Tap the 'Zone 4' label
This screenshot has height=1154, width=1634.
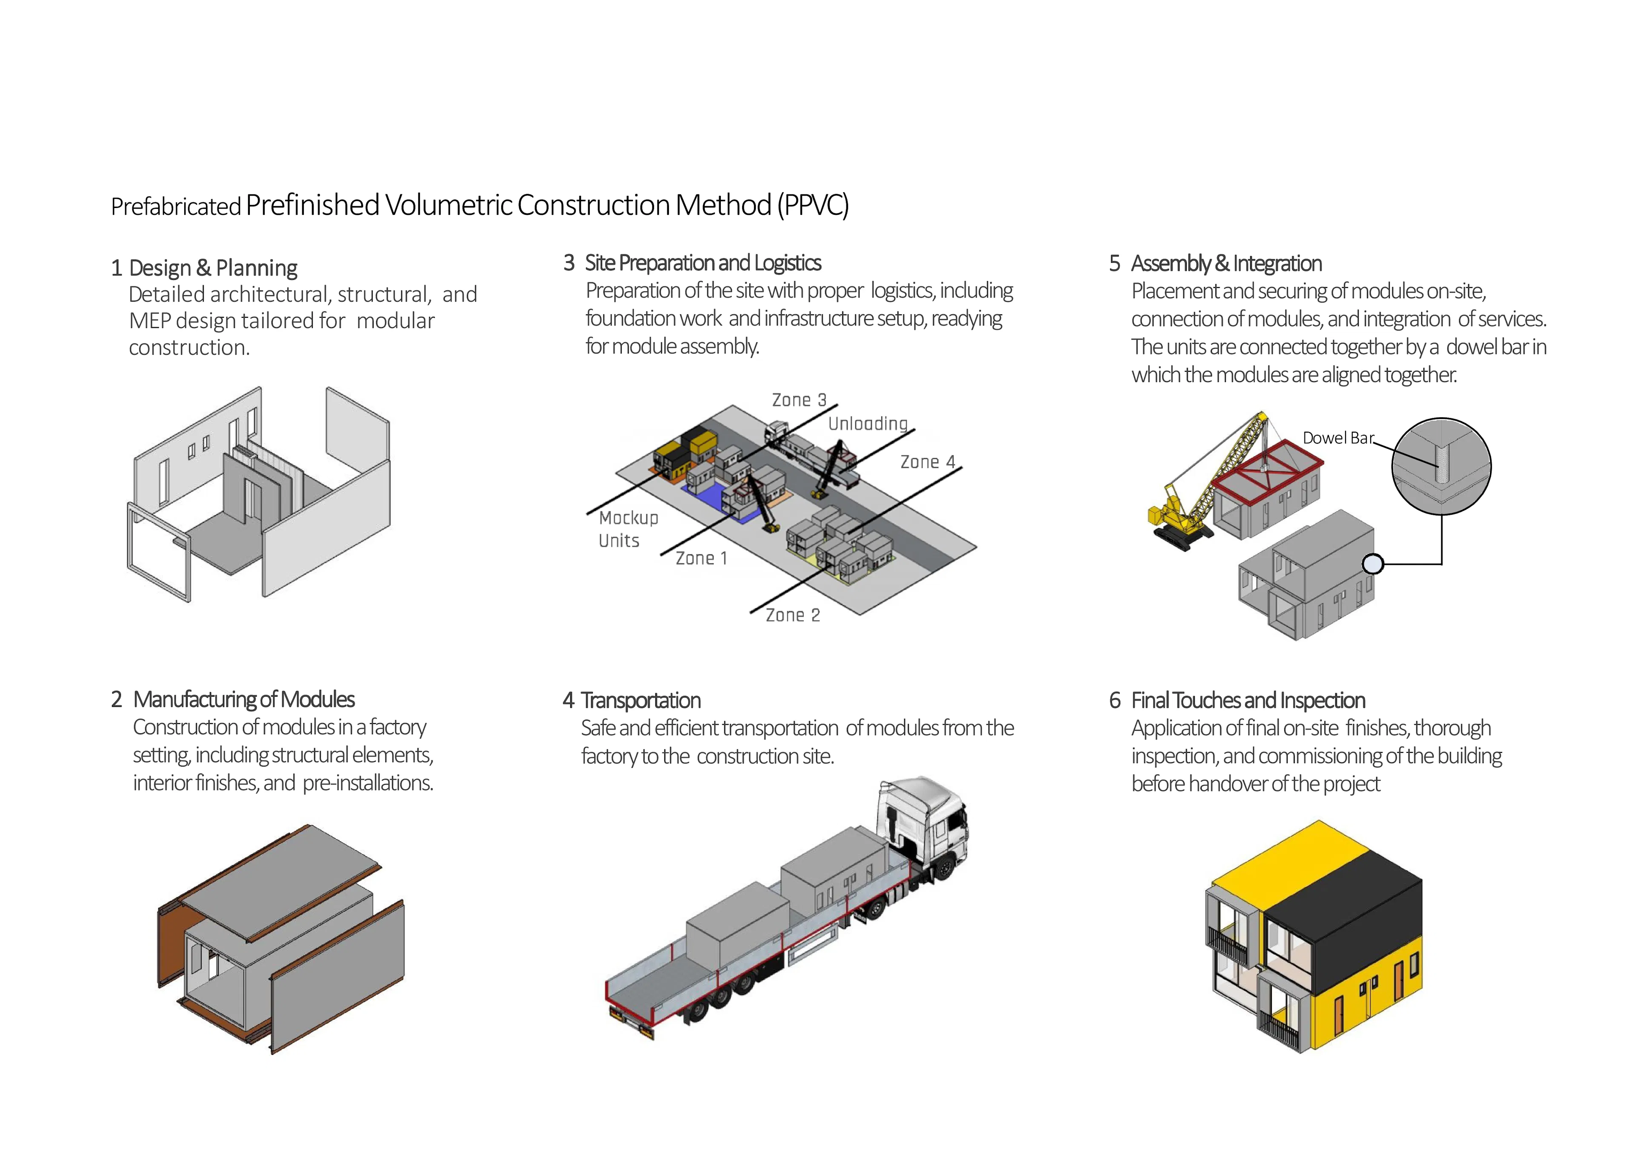[927, 462]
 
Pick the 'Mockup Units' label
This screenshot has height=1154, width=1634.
[628, 529]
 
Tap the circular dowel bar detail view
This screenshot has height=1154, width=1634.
[1441, 466]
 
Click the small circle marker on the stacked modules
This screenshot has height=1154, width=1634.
[1372, 564]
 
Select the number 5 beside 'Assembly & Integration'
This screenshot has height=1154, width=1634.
[1114, 263]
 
